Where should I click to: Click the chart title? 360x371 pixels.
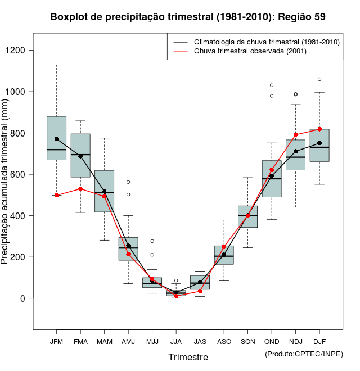tap(188, 17)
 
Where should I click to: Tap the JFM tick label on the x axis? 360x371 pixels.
tap(56, 341)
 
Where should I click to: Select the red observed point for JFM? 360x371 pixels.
tap(56, 195)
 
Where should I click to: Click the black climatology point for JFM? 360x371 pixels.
tap(56, 139)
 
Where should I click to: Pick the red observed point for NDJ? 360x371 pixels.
tap(295, 135)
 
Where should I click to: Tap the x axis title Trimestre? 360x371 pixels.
tap(188, 357)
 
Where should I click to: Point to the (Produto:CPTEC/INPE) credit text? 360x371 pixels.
tap(304, 354)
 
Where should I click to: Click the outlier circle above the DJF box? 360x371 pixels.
tap(319, 79)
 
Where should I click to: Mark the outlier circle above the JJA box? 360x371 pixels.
tap(176, 280)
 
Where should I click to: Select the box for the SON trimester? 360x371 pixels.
tap(247, 216)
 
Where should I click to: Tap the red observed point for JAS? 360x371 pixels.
tap(200, 291)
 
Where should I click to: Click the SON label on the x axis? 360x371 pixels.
tap(247, 341)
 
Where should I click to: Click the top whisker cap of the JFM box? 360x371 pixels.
tap(56, 65)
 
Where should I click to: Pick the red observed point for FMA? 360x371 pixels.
tap(80, 189)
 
